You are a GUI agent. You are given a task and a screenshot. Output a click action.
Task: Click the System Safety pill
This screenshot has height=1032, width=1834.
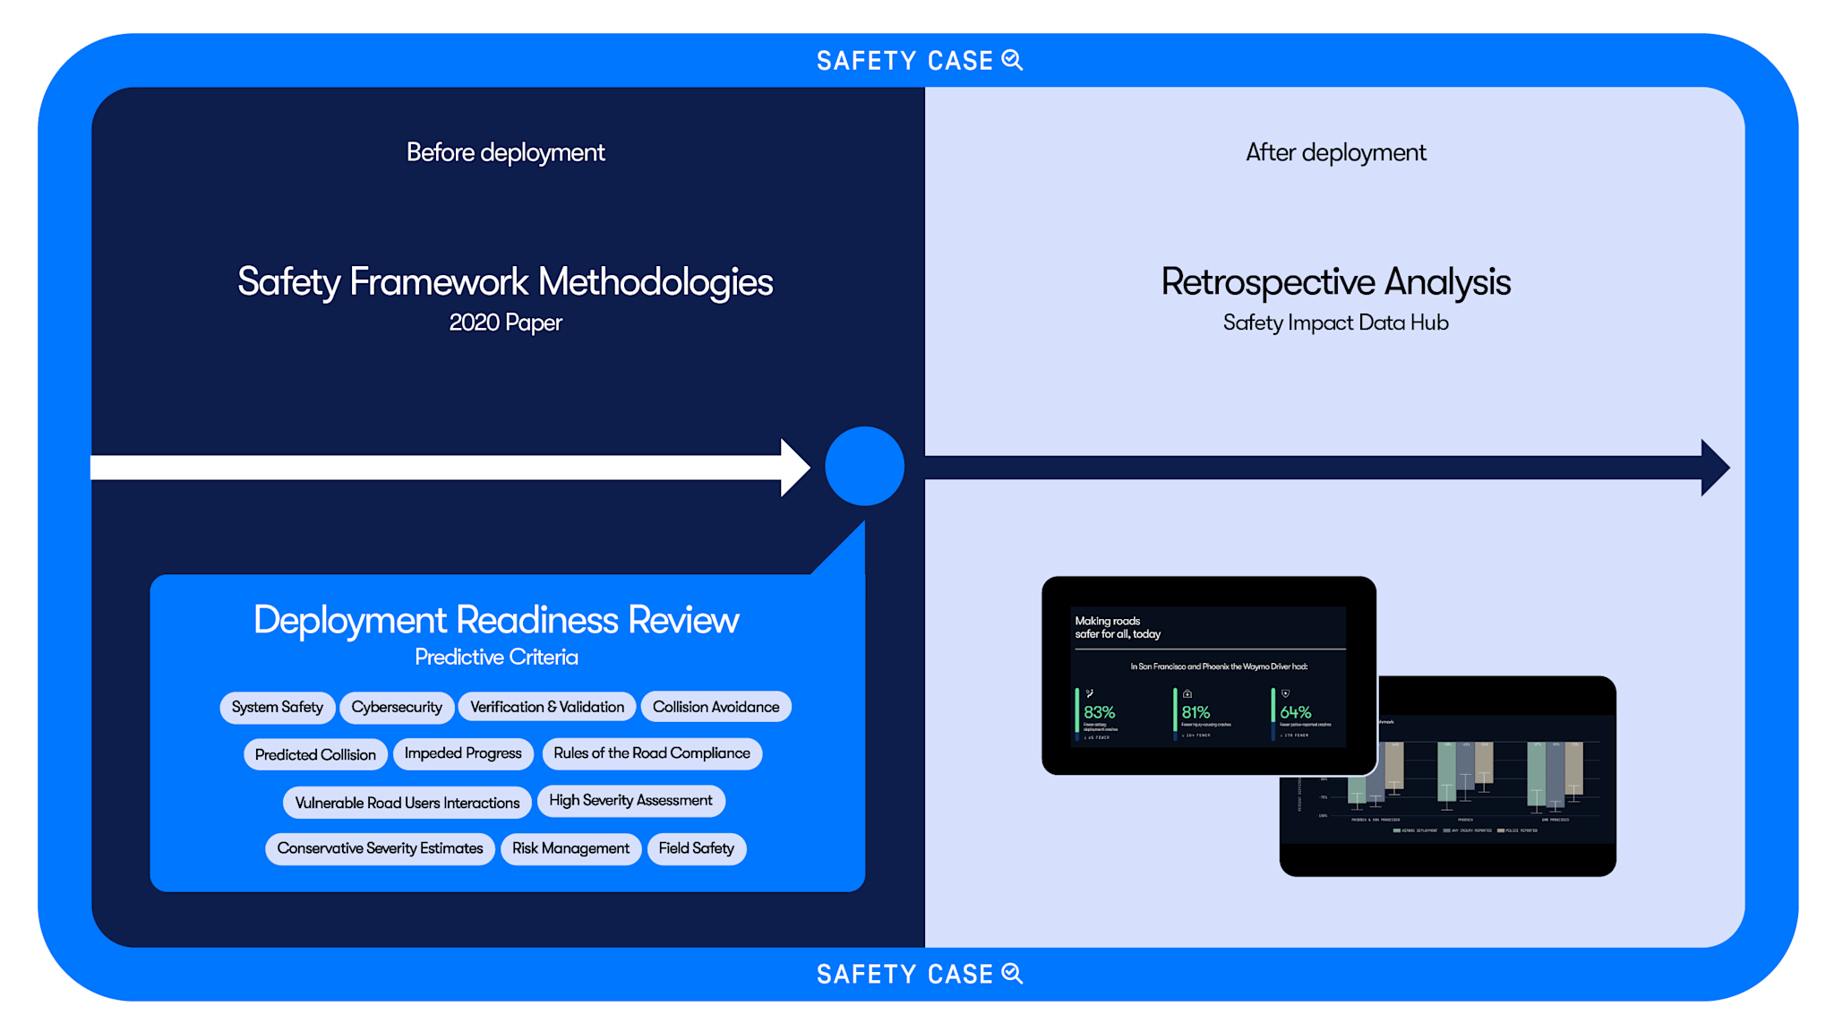point(278,707)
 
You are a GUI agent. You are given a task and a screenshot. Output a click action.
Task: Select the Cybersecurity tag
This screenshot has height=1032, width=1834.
point(397,707)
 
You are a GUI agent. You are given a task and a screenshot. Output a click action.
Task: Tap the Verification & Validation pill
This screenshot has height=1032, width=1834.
point(547,707)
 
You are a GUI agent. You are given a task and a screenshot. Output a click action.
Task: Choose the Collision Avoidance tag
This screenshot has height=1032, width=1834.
point(716,707)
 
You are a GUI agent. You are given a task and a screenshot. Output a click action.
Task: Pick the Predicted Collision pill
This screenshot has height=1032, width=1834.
point(315,754)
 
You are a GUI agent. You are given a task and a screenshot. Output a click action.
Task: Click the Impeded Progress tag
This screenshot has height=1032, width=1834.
point(463,753)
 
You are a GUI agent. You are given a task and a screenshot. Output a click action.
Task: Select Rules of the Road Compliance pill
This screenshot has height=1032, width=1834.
point(652,753)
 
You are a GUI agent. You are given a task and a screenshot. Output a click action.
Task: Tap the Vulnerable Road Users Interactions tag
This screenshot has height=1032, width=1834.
point(407,803)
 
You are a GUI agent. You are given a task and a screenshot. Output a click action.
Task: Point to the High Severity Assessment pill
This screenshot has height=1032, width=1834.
point(630,800)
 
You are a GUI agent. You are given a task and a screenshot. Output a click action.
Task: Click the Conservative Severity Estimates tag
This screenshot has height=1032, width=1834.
point(380,848)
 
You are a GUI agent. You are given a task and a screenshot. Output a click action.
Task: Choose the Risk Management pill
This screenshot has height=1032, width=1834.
point(570,848)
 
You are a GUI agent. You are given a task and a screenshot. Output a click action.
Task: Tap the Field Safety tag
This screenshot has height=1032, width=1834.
point(696,848)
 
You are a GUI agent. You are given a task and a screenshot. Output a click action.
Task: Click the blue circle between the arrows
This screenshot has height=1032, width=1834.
point(864,466)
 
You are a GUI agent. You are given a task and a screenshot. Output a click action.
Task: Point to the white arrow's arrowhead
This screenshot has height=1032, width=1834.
point(794,467)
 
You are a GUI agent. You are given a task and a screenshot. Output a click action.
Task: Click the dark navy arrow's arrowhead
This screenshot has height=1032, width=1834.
point(1713,467)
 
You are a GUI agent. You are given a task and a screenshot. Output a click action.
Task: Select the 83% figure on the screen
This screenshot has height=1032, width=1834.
point(1099,712)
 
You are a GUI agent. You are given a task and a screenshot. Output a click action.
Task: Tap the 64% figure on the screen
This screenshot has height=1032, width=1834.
point(1295,712)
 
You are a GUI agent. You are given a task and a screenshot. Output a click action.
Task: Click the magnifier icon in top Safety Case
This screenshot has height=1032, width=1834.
point(1012,60)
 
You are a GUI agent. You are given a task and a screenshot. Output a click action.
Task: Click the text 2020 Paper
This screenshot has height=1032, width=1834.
point(505,322)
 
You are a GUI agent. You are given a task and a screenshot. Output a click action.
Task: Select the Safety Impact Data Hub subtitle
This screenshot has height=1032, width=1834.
point(1335,322)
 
